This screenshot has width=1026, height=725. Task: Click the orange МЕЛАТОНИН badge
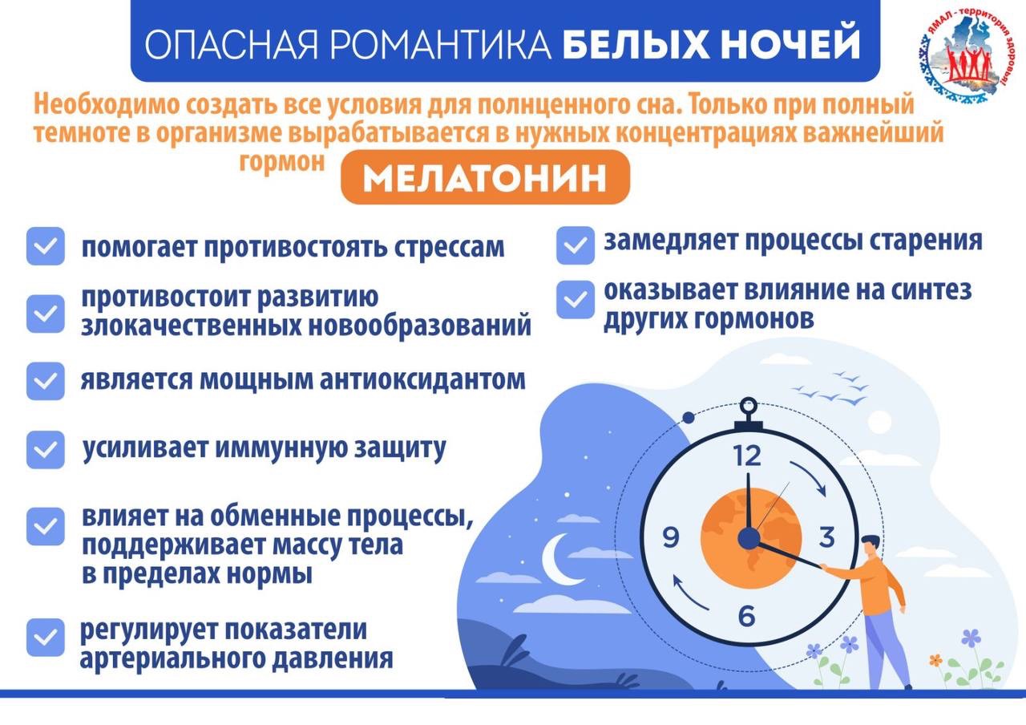click(485, 177)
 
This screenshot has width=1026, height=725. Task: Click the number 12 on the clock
click(747, 456)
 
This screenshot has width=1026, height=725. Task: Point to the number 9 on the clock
click(671, 537)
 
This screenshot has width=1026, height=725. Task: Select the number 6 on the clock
click(746, 616)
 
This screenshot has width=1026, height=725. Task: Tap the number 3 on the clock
click(826, 537)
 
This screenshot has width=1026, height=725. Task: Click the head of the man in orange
click(870, 547)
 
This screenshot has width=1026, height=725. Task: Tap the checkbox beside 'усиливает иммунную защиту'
click(46, 450)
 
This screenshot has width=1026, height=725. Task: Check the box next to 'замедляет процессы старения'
click(576, 245)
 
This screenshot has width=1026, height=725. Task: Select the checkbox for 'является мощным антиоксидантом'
click(46, 381)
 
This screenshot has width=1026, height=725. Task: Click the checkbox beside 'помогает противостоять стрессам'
click(46, 245)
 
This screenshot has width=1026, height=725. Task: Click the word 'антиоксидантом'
click(422, 380)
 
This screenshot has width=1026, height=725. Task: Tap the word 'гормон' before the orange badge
click(282, 162)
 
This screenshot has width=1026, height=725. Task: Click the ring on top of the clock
click(749, 407)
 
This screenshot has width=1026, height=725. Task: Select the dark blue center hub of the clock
click(749, 538)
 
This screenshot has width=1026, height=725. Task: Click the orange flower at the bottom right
click(935, 660)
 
